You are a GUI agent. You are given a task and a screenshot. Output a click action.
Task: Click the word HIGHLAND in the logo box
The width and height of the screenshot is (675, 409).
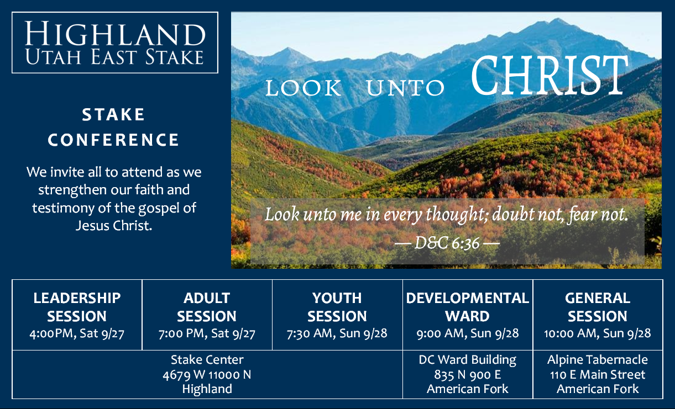(x=115, y=34)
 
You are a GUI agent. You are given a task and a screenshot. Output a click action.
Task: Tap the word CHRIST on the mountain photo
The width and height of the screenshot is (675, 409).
(x=550, y=76)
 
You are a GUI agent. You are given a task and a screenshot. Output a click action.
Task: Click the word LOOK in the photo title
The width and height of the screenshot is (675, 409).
(x=303, y=88)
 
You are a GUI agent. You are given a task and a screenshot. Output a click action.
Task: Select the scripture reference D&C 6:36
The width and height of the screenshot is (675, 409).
(x=447, y=243)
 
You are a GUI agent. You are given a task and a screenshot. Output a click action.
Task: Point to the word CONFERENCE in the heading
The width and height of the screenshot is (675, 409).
(x=113, y=140)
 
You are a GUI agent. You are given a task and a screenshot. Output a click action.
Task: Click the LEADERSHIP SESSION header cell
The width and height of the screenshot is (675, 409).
(x=77, y=307)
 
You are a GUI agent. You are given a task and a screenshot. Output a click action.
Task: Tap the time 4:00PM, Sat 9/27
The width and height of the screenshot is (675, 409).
(x=77, y=333)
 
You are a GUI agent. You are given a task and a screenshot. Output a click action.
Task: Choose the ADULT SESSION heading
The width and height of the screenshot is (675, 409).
(x=207, y=307)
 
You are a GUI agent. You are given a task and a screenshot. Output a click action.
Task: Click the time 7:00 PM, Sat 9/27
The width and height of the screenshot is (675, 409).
(x=207, y=333)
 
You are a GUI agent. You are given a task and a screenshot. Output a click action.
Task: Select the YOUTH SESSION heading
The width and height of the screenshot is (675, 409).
(x=337, y=307)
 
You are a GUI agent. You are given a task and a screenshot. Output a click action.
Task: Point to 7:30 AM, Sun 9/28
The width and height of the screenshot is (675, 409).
(x=337, y=333)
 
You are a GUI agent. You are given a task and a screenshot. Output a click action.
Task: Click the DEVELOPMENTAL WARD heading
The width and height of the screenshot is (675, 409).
(x=467, y=307)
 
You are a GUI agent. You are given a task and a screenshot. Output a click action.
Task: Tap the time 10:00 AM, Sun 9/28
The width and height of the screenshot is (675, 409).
(x=597, y=333)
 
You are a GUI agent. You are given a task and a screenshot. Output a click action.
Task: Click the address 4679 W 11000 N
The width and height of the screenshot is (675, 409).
(x=207, y=375)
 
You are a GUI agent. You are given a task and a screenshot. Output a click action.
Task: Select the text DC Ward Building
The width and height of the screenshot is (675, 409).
(x=467, y=360)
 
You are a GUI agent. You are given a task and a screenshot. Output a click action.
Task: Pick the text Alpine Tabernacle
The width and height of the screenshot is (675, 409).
(x=597, y=360)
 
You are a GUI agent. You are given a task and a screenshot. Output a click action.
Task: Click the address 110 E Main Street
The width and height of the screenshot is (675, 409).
(x=597, y=375)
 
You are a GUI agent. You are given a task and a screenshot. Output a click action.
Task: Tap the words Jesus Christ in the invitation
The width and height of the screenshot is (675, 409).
(x=113, y=226)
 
